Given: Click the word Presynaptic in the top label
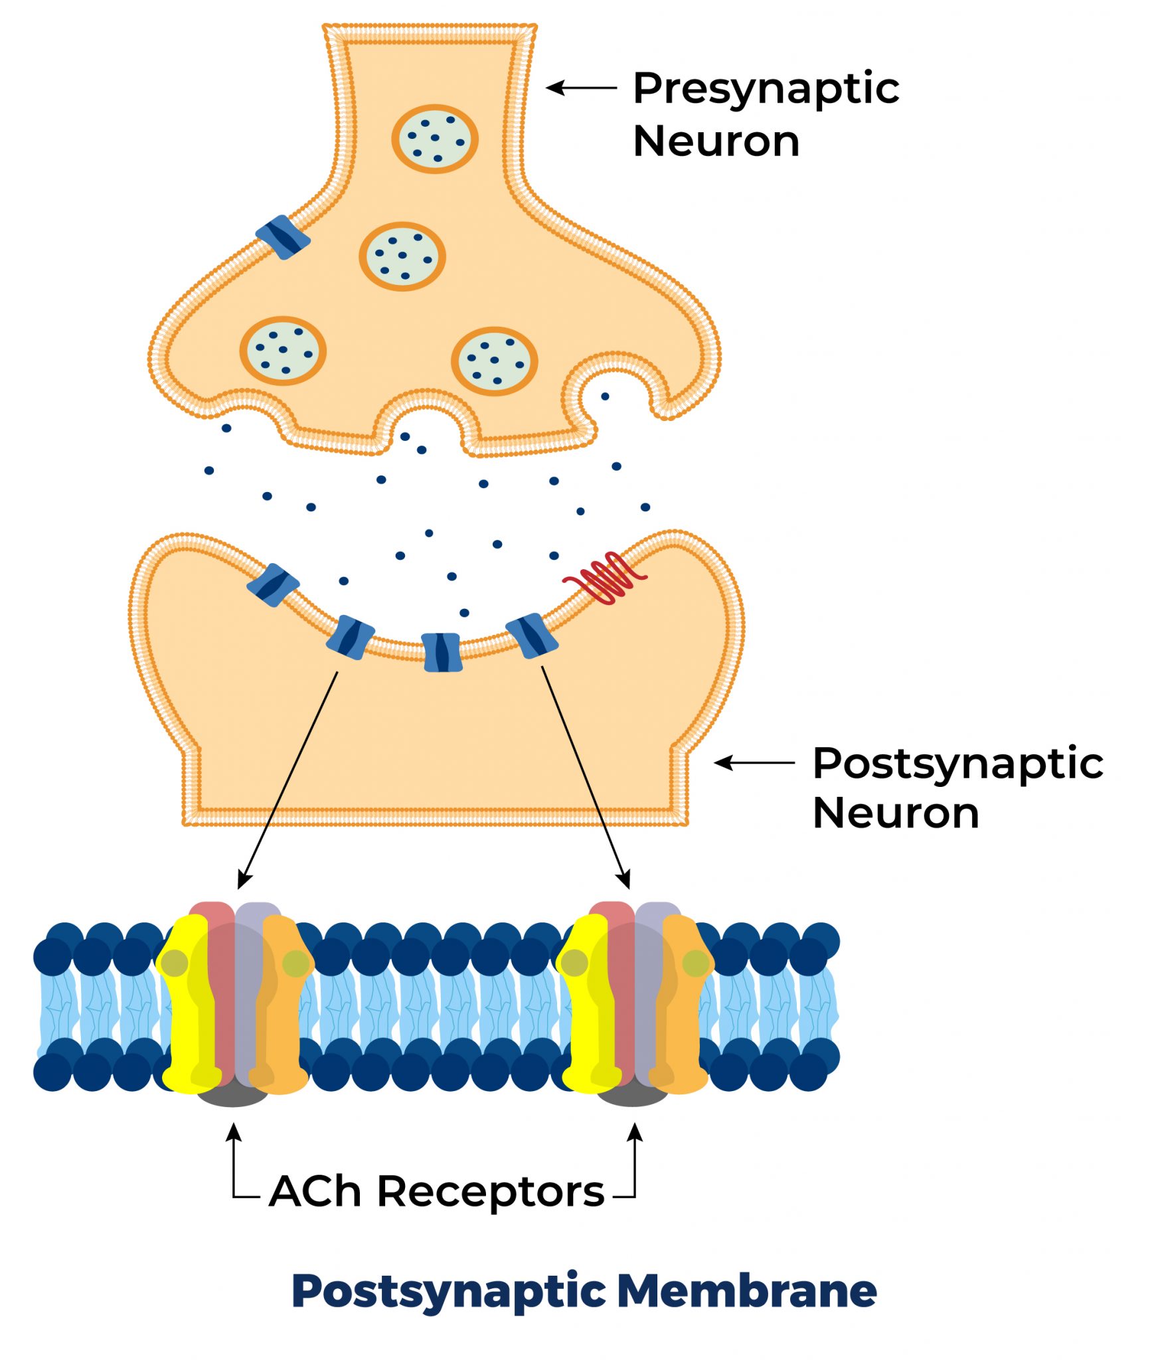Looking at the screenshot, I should [x=766, y=89].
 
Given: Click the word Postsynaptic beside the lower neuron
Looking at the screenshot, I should [x=957, y=764].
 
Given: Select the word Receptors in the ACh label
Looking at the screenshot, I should [x=491, y=1192].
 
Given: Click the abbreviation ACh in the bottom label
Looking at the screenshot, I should [x=315, y=1192].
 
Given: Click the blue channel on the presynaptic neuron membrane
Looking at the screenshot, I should [x=284, y=237].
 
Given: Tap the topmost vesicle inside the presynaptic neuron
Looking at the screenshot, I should [x=435, y=139].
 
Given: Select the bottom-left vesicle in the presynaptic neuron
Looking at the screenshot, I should [x=283, y=351].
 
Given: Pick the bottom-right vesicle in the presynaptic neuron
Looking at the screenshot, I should [x=495, y=361].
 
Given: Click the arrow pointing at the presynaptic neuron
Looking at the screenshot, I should [x=581, y=88].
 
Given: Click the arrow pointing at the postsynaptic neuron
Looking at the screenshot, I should [x=754, y=763].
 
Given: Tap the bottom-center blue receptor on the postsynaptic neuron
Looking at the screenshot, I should [x=442, y=652].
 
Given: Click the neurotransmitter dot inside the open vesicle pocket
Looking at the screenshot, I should [x=605, y=396].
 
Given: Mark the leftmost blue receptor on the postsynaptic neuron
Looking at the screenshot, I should [x=273, y=585].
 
